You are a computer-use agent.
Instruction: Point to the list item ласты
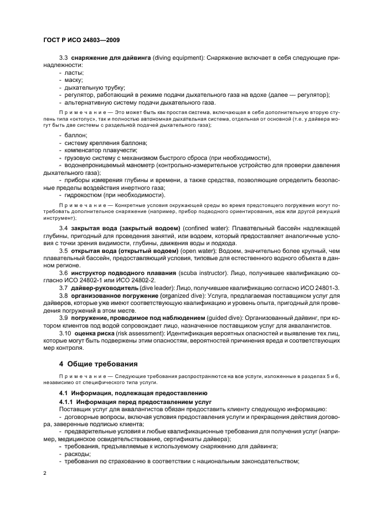[73, 72]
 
